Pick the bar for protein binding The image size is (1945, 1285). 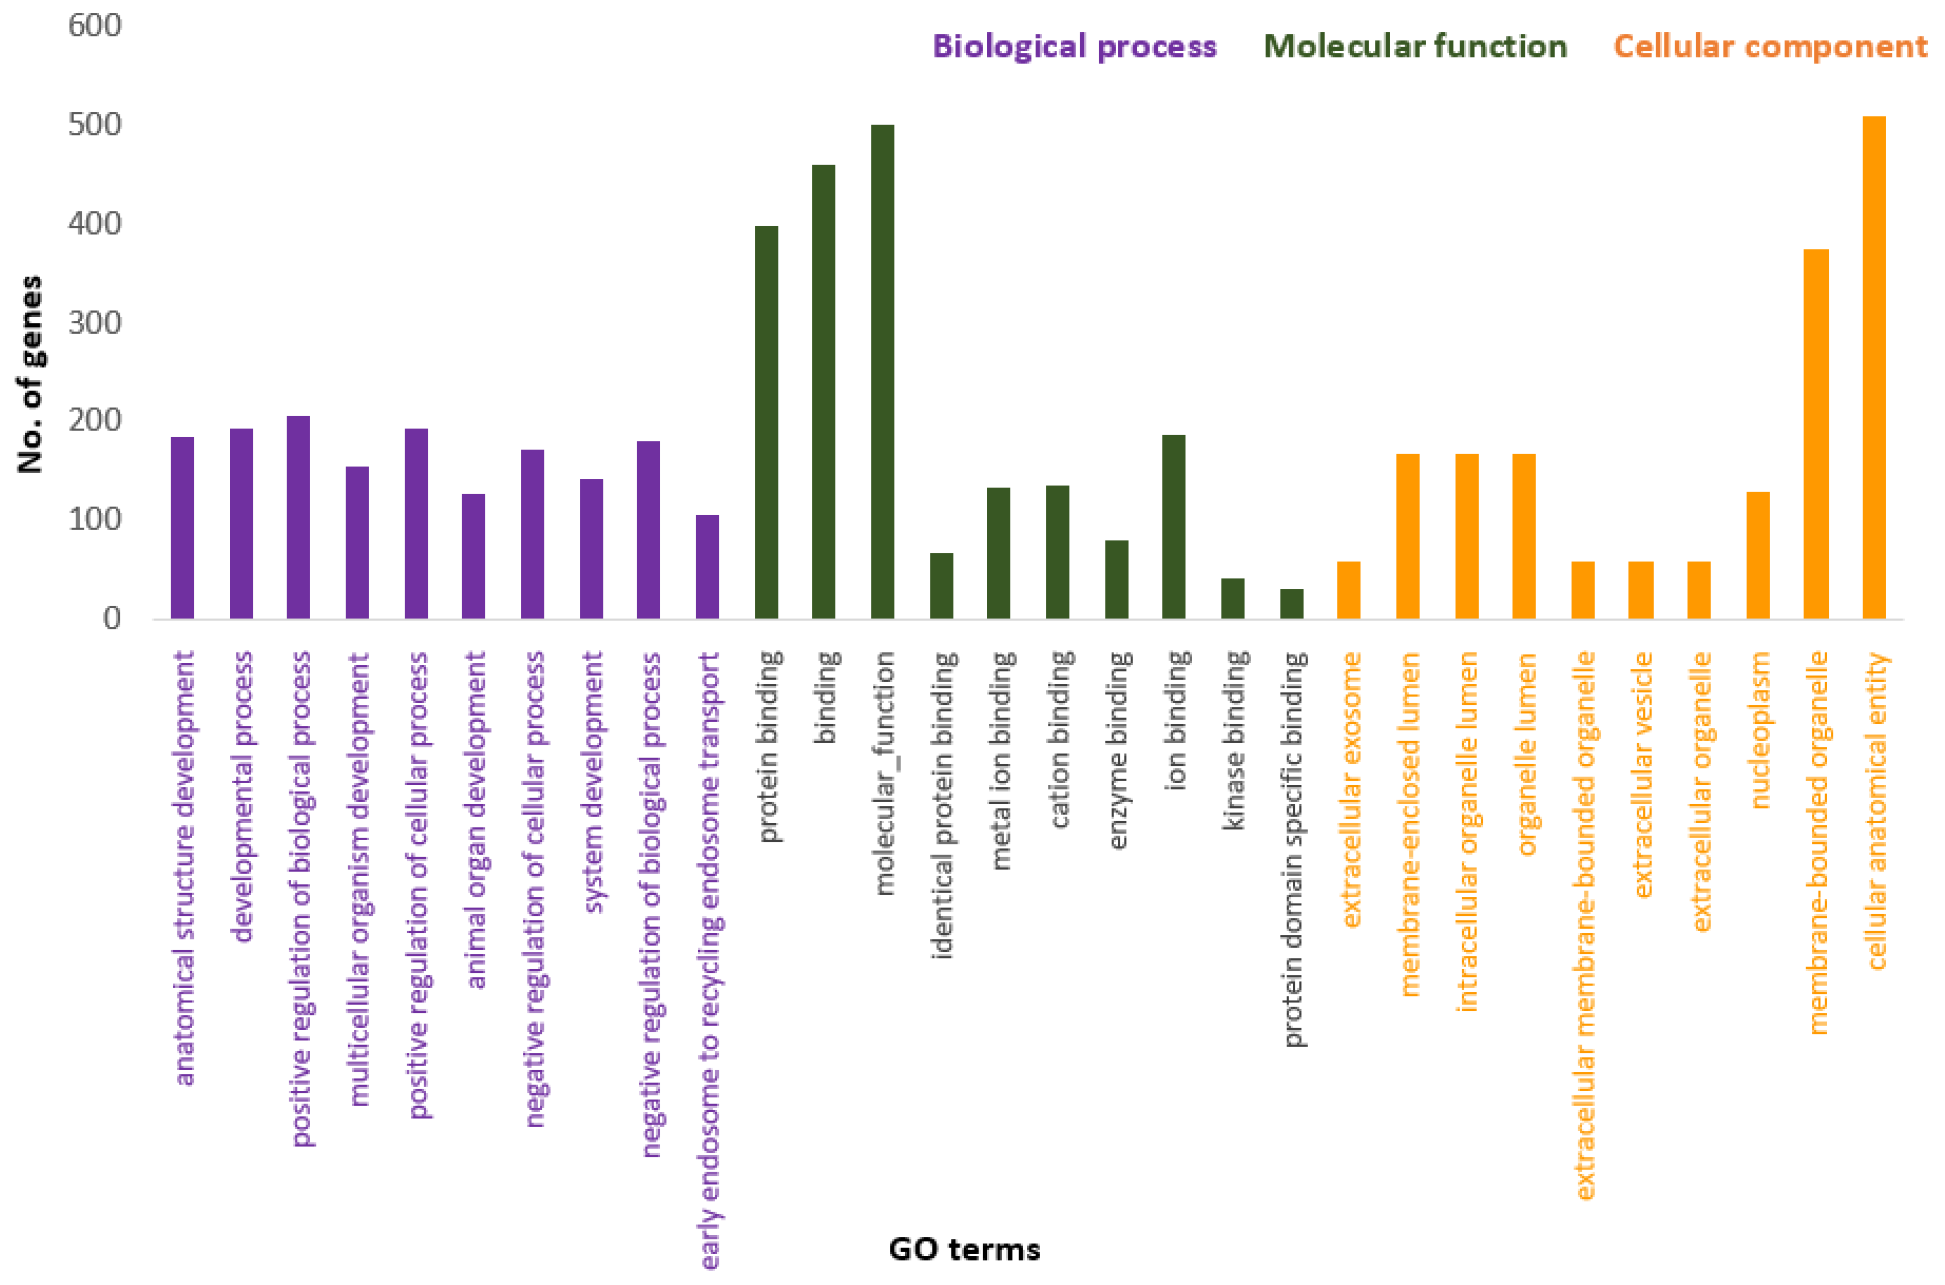pyautogui.click(x=766, y=422)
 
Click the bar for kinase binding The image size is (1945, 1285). pyautogui.click(x=1232, y=598)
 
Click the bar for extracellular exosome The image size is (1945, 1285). pyautogui.click(x=1349, y=590)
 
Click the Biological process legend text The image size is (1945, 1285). pyautogui.click(x=1074, y=46)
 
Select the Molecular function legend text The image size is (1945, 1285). pyautogui.click(x=1415, y=46)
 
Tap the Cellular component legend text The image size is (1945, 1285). pyautogui.click(x=1770, y=46)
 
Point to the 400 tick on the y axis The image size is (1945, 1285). pyautogui.click(x=94, y=224)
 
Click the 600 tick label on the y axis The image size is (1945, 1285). pyautogui.click(x=94, y=25)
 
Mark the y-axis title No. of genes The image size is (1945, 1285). pyautogui.click(x=30, y=374)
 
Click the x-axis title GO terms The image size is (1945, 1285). pyautogui.click(x=965, y=1250)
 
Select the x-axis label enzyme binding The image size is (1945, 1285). pyautogui.click(x=1118, y=750)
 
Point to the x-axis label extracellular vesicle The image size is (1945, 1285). pyautogui.click(x=1642, y=774)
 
